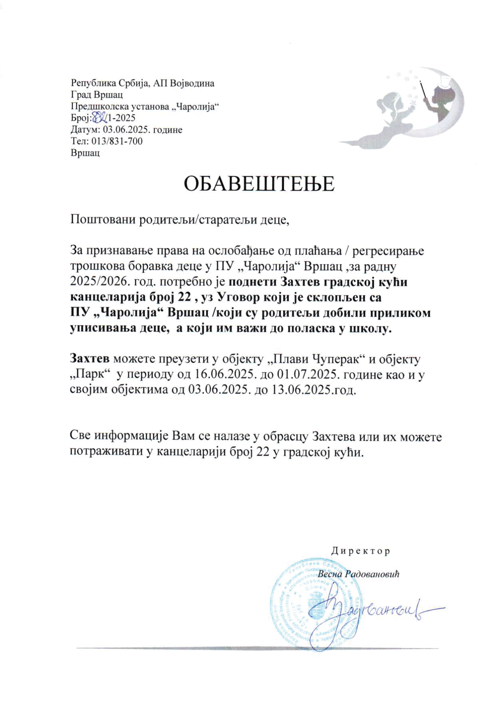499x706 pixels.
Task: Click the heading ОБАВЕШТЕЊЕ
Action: tap(259, 184)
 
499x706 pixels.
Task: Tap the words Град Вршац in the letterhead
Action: tap(97, 95)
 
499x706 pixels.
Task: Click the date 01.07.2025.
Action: tap(307, 374)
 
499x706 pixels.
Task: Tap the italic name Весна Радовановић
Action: tap(358, 574)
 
